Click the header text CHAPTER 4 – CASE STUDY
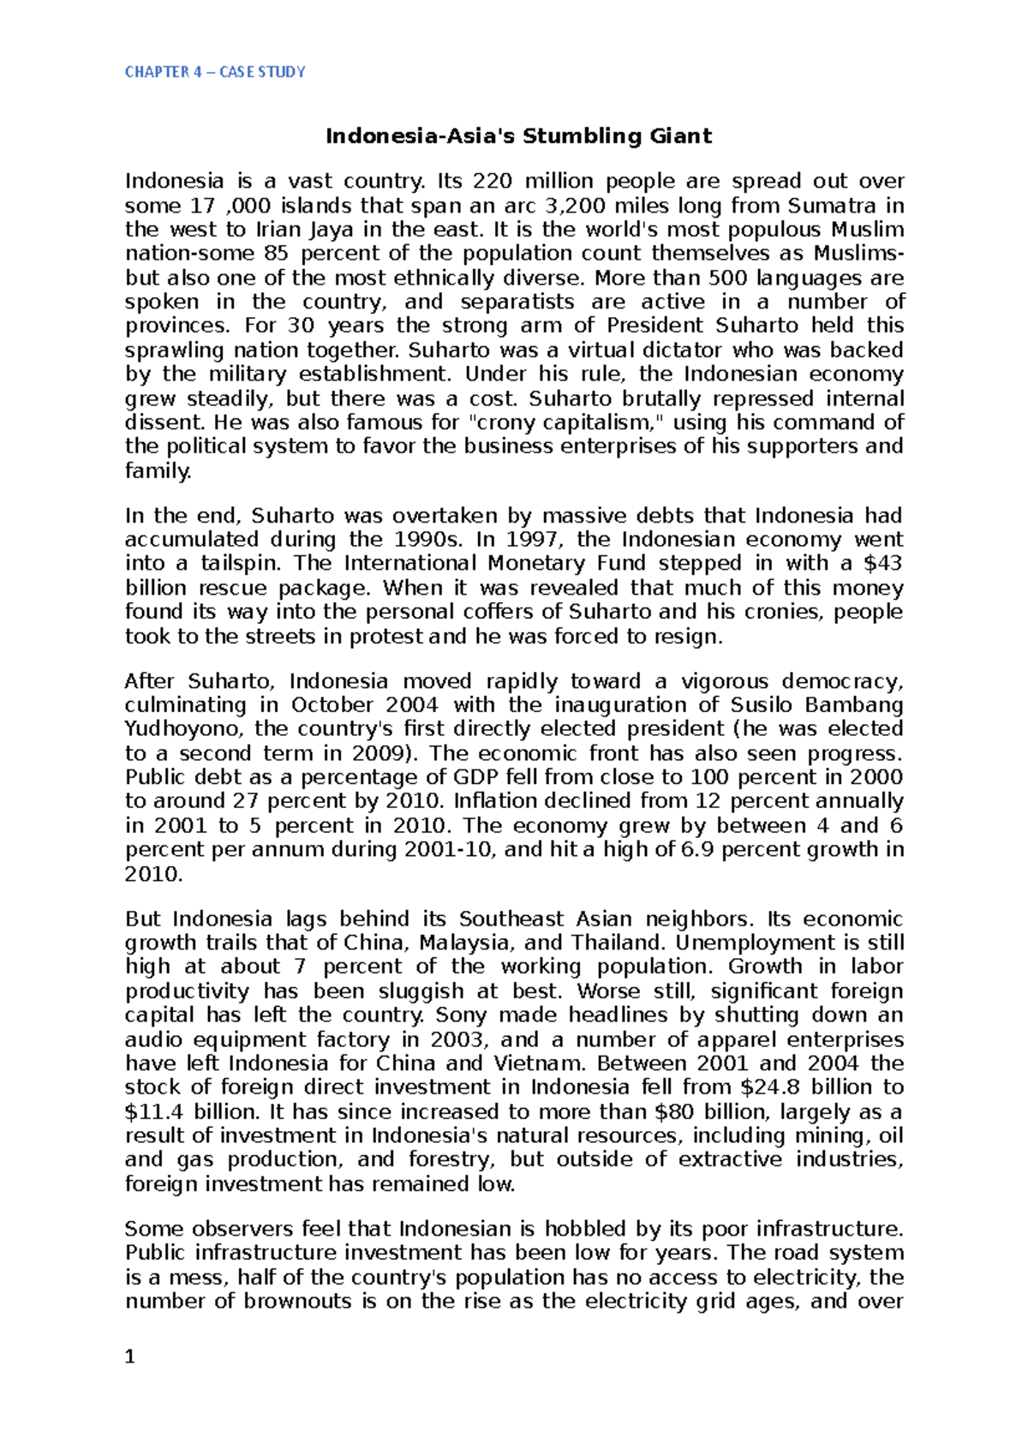(214, 72)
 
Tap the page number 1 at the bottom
(130, 1356)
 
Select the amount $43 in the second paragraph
(883, 563)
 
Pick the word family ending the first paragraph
(158, 470)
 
